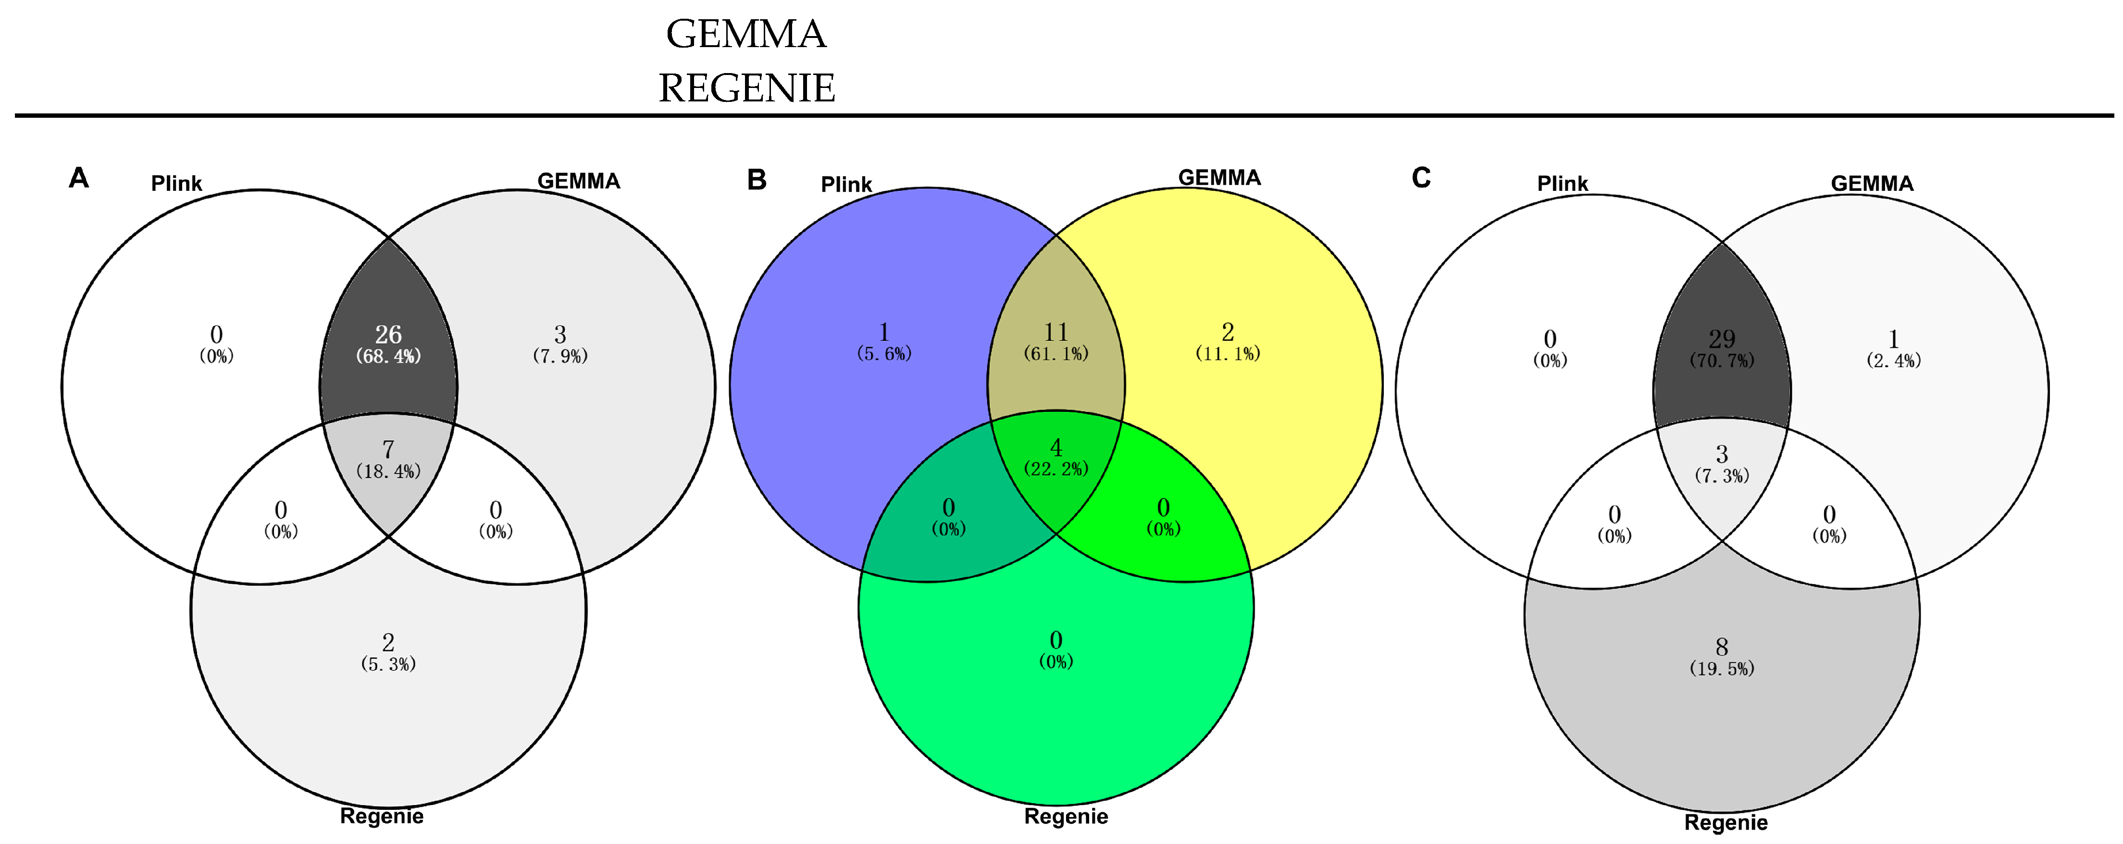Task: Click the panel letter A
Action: tap(78, 178)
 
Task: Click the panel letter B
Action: tap(757, 180)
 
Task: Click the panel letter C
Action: tap(1421, 178)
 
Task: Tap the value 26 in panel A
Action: tap(388, 335)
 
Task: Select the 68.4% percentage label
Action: tap(388, 356)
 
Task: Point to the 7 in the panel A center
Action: tap(388, 449)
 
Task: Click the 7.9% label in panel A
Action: tap(560, 356)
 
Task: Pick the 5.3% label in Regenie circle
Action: tap(388, 664)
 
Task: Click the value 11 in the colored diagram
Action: tap(1055, 332)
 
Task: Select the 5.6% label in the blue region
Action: tap(884, 354)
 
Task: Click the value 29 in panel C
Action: tap(1722, 339)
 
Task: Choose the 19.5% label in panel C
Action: tap(1722, 669)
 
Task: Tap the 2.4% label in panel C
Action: tap(1894, 360)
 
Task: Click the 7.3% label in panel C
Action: tap(1722, 475)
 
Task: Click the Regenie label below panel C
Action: tap(1726, 822)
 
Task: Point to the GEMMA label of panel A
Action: tap(579, 181)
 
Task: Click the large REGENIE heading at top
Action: tap(746, 88)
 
